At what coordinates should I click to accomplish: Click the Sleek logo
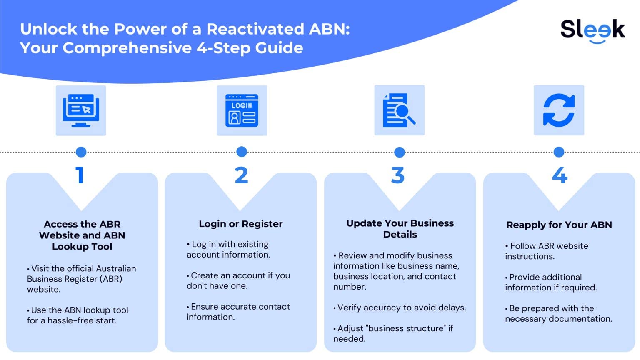[x=592, y=30]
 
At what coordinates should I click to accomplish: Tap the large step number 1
[x=80, y=175]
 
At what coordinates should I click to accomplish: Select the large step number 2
[x=241, y=175]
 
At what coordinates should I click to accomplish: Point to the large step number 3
[x=398, y=175]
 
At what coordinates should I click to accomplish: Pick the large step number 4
[x=560, y=175]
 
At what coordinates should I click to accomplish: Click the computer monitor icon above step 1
[x=81, y=110]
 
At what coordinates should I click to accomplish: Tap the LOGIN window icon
[x=242, y=110]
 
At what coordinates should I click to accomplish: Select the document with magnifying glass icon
[x=399, y=110]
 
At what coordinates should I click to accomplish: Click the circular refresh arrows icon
[x=559, y=110]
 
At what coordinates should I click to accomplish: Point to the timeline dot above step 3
[x=399, y=152]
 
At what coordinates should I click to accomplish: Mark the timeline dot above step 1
[x=81, y=152]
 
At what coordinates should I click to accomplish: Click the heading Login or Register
[x=240, y=224]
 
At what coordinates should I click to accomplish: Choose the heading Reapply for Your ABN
[x=559, y=225]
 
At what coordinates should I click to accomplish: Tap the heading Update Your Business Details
[x=400, y=229]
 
